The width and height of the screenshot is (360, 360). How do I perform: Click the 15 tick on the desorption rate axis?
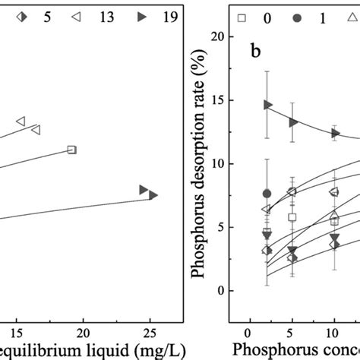click(x=219, y=100)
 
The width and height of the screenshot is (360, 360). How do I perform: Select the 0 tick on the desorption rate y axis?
click(x=223, y=291)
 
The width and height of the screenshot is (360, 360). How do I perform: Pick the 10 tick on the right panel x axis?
click(x=333, y=333)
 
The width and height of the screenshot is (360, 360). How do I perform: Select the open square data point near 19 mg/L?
click(x=71, y=150)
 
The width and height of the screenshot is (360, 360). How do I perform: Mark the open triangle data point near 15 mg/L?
click(x=21, y=121)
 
